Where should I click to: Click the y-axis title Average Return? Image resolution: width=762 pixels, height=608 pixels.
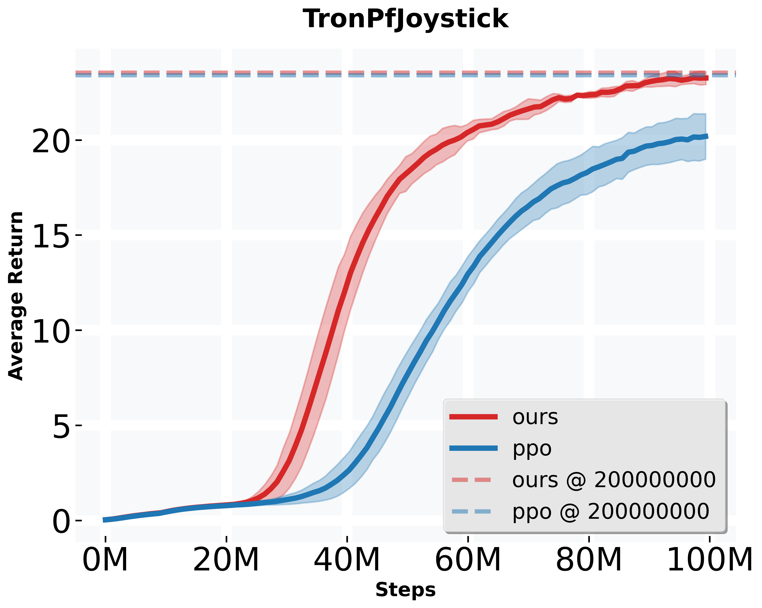click(x=16, y=296)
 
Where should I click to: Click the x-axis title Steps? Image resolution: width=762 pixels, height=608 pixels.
click(x=405, y=590)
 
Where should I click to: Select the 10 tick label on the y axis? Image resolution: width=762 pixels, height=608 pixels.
click(x=50, y=331)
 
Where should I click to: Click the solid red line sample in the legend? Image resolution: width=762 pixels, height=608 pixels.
click(x=473, y=417)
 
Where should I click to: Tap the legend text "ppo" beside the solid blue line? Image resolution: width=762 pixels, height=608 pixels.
click(x=532, y=448)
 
